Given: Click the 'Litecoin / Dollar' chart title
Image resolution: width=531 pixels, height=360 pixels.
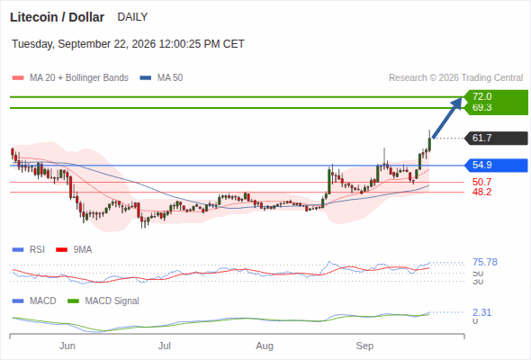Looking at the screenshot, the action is (x=57, y=17).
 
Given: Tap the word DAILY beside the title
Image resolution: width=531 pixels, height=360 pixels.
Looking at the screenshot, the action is (x=132, y=17).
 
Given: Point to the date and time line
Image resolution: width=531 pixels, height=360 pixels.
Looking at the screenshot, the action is (x=128, y=44).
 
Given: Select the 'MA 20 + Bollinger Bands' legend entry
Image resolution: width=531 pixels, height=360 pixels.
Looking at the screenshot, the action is (x=70, y=78).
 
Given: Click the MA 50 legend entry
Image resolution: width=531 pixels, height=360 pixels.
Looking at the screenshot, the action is (x=161, y=78).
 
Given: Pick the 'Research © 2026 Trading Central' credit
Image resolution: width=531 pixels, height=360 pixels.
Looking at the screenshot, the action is (x=455, y=78).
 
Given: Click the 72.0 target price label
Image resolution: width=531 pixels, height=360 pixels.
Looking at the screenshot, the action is (x=481, y=96).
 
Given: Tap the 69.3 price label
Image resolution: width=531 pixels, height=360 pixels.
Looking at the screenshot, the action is (x=481, y=107).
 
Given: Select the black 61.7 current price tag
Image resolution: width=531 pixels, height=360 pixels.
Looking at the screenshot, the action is (x=496, y=139).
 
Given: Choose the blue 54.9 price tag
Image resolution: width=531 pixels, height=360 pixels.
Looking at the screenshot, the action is (x=496, y=166).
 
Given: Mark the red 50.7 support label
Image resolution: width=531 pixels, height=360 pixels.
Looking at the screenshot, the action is (x=481, y=182).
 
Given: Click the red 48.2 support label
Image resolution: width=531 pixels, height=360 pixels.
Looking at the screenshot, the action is (x=481, y=192).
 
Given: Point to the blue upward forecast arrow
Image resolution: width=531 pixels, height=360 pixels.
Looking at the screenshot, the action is (x=447, y=118).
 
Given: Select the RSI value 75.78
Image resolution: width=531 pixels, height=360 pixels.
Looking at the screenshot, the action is (x=485, y=262).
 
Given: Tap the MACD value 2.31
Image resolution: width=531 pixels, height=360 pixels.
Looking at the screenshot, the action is (x=481, y=312).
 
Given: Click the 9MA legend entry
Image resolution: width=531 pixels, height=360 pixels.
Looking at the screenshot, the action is (x=74, y=250).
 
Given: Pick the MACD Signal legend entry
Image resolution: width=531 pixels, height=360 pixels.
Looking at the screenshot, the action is (x=103, y=301).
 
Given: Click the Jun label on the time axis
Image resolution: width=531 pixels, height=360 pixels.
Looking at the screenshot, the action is (x=67, y=346).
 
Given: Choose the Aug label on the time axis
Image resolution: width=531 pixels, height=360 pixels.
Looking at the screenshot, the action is (x=265, y=346).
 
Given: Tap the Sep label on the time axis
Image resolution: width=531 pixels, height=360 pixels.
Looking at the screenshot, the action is (x=364, y=346).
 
